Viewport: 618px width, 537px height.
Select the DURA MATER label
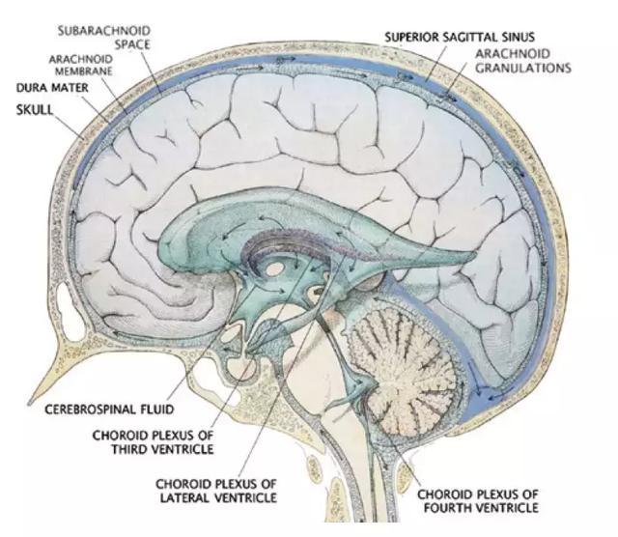49,88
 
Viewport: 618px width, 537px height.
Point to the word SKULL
35,110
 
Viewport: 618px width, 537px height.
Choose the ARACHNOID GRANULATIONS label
522,61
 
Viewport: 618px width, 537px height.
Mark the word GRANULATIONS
522,69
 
